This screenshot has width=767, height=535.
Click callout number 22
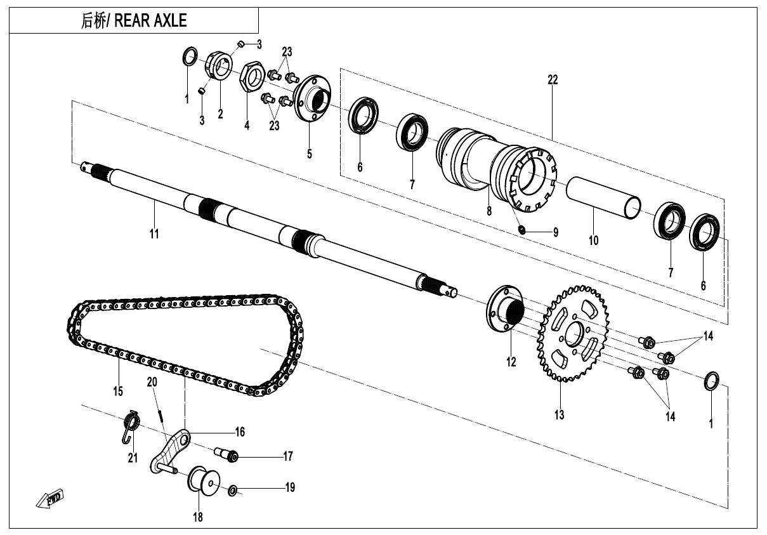point(553,79)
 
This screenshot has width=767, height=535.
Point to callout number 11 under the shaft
point(154,234)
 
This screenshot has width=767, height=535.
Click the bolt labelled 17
point(229,455)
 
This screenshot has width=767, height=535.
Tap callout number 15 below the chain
point(118,391)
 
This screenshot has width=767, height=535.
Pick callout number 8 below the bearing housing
point(489,212)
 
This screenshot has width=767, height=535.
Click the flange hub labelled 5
point(311,101)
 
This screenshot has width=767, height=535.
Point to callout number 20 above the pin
point(152,382)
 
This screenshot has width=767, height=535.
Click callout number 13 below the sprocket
point(559,415)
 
